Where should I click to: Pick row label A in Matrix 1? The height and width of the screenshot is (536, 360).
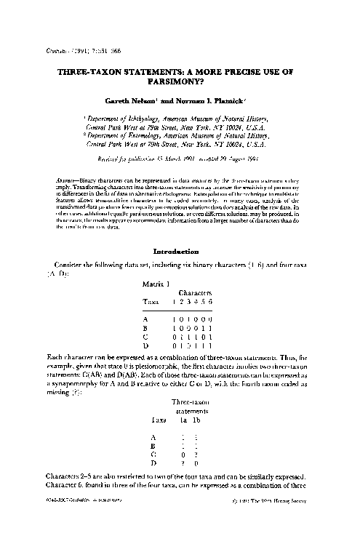[147, 318]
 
